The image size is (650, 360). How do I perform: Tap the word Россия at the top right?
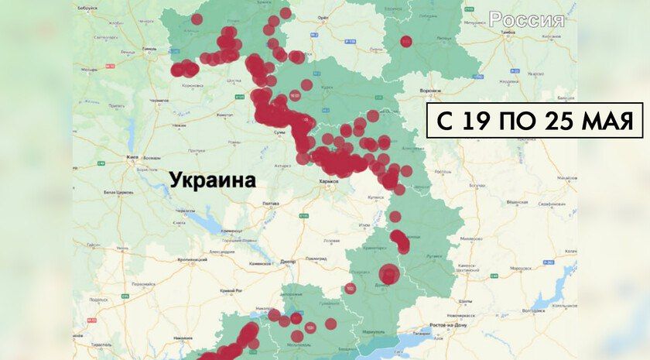coord(526,20)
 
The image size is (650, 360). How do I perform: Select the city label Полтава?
coord(271,204)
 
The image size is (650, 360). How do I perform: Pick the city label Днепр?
coord(288,262)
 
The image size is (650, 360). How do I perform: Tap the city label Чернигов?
coord(159,100)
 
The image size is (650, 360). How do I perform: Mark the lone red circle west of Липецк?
coord(406,41)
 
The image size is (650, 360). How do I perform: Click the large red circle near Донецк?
coord(389,274)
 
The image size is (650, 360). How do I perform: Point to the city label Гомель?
coord(150,48)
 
